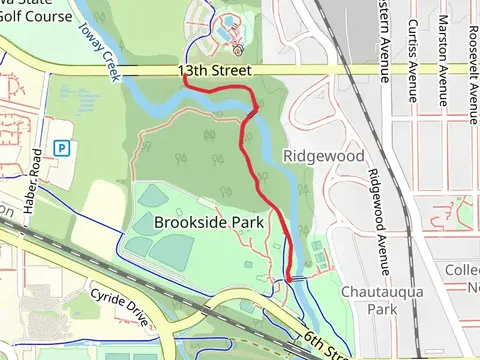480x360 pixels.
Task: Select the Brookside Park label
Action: point(209,222)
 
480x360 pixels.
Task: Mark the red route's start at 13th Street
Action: point(185,85)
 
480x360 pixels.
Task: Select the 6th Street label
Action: point(327,343)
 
